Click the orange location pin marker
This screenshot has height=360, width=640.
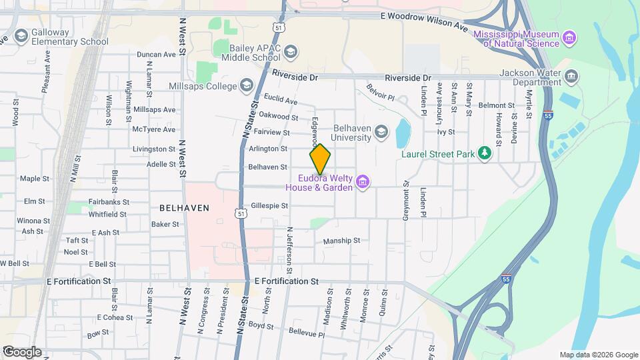pos(320,159)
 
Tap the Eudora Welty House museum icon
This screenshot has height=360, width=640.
pos(363,181)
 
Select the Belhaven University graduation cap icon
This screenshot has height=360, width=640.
pos(381,131)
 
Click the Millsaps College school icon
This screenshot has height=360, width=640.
pos(247,85)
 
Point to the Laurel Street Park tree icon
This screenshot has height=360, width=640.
pos(486,154)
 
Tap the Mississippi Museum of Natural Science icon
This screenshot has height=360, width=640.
pos(569,37)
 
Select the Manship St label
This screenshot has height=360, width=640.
pos(341,241)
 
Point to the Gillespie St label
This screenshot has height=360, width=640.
pos(269,206)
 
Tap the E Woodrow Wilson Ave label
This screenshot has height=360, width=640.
pos(423,21)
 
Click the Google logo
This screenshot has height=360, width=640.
pos(22,351)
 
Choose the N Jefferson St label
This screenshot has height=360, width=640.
pos(289,250)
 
